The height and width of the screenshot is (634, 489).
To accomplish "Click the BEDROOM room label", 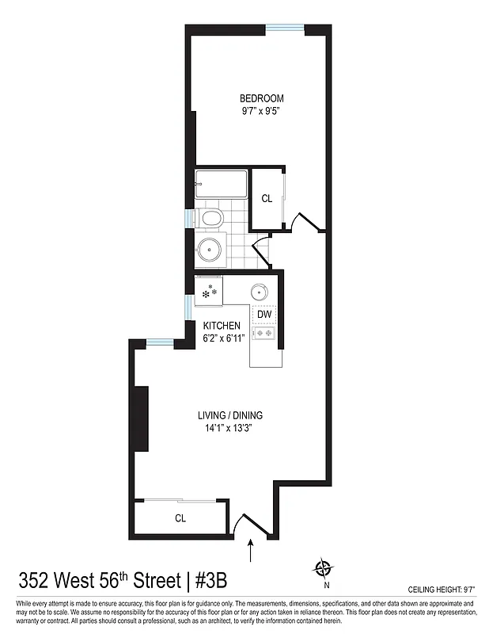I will click(x=262, y=98).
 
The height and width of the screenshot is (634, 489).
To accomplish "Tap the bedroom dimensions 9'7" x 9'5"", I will click(x=262, y=112).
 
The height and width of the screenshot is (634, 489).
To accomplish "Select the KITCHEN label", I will click(x=222, y=326).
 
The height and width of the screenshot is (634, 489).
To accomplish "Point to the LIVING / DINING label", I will click(x=230, y=415).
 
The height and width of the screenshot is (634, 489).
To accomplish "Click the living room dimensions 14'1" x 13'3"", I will click(x=230, y=429).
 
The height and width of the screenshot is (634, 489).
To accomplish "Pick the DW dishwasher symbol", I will click(x=264, y=315).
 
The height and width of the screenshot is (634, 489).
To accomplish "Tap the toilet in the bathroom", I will click(x=211, y=218).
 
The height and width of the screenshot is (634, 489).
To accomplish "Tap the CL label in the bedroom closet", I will click(x=267, y=198).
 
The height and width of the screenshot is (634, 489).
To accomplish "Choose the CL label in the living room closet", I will click(x=180, y=518).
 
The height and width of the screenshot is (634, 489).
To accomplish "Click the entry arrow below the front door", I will click(x=252, y=550).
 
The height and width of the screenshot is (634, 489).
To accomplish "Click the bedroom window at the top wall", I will click(x=284, y=29).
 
